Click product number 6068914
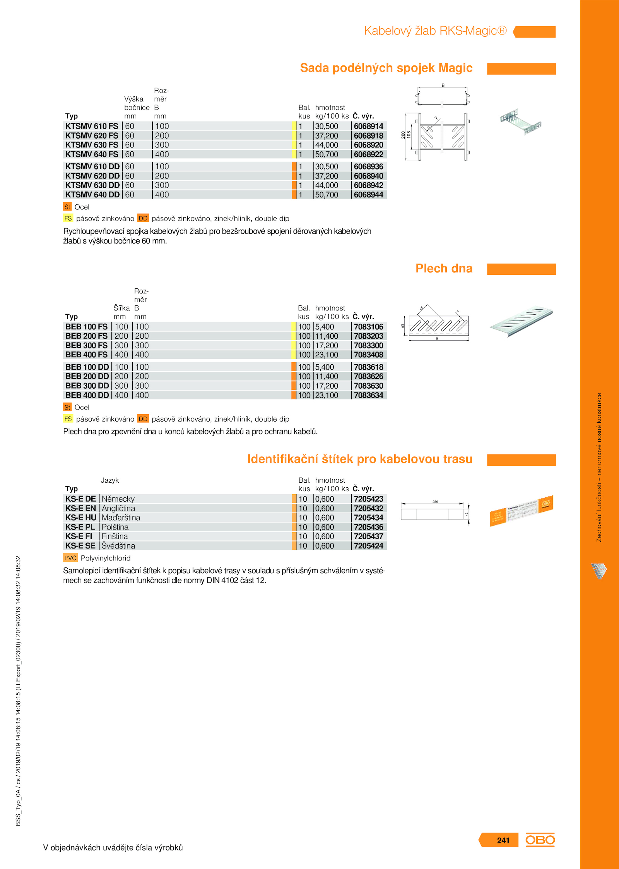point(368,126)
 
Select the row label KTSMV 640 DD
point(92,195)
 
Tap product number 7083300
point(368,346)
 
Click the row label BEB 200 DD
point(87,376)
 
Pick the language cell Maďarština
point(121,518)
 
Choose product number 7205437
point(368,536)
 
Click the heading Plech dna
point(444,269)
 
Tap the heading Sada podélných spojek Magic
point(386,68)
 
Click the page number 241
point(503,840)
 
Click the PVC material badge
point(70,558)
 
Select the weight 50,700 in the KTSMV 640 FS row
point(327,154)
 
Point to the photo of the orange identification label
point(521,511)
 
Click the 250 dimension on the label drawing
point(435,502)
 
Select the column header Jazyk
point(110,480)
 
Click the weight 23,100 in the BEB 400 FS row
point(327,355)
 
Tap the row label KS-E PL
point(80,527)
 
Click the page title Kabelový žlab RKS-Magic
point(435,31)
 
